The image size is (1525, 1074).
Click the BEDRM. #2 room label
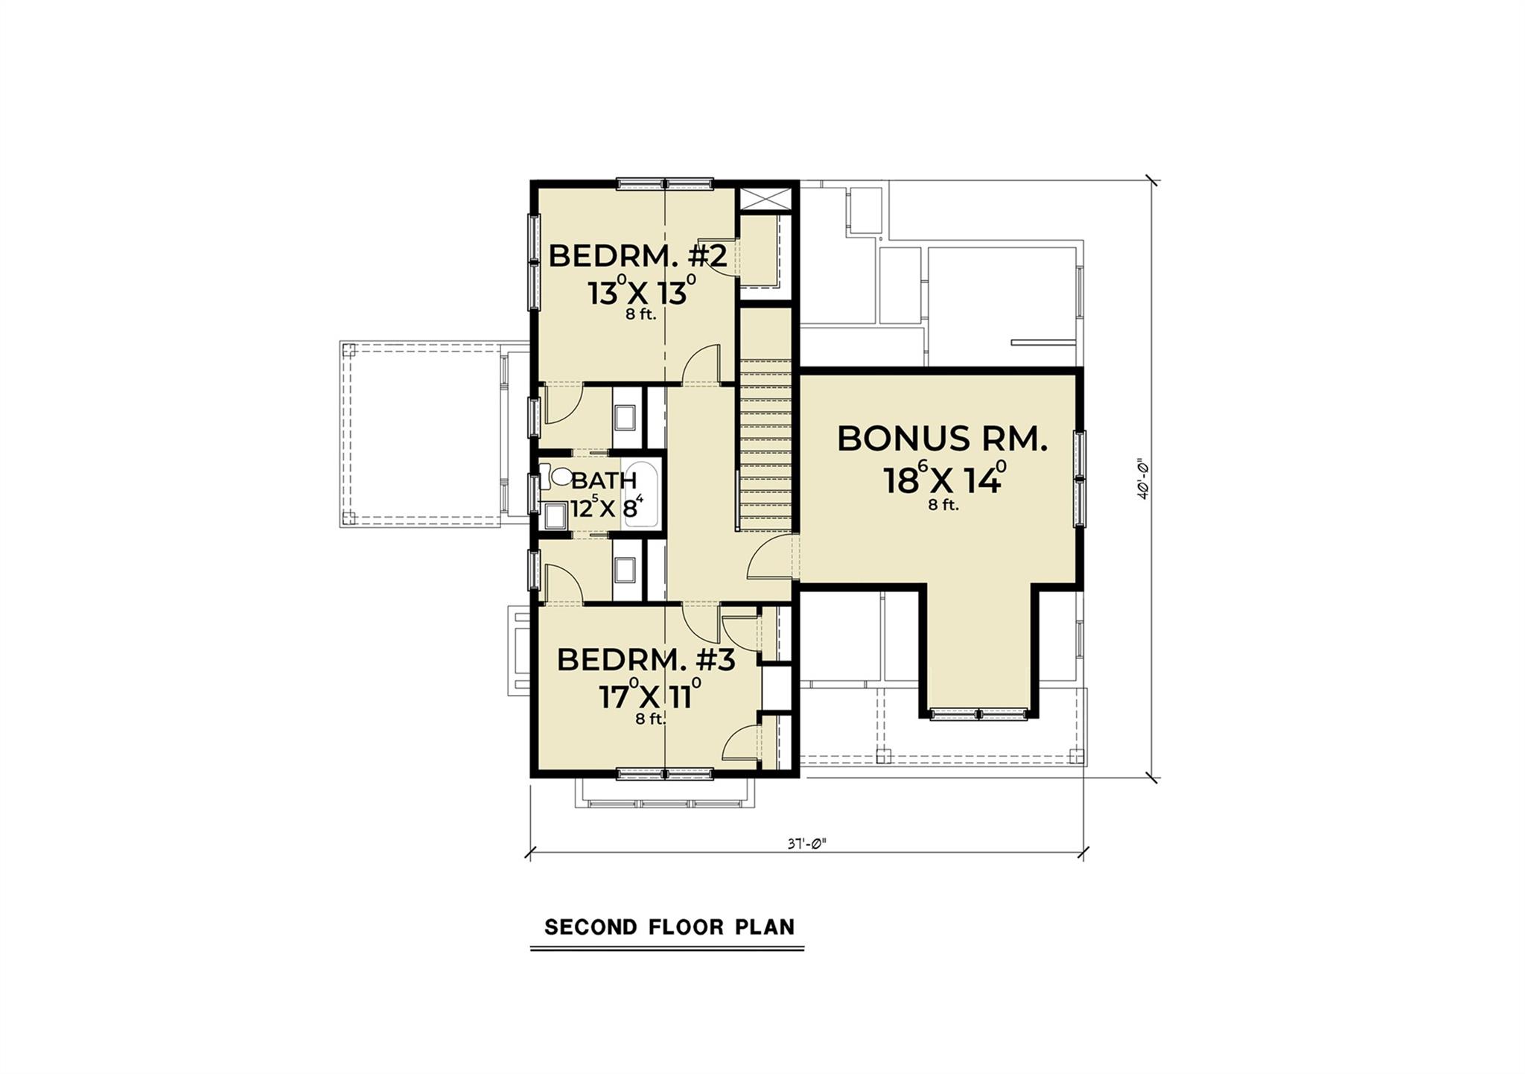637,256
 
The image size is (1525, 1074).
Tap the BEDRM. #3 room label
646,660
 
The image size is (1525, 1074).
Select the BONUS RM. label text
942,439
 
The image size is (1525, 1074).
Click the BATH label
604,480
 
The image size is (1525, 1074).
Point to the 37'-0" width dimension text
806,845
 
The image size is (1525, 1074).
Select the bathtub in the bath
641,495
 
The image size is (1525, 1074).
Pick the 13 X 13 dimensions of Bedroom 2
641,293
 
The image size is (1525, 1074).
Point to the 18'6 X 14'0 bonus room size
944,480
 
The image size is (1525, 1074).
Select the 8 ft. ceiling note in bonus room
943,505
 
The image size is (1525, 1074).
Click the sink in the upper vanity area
625,419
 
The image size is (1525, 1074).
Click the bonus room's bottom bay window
978,714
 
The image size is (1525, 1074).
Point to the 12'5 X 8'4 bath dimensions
605,509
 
